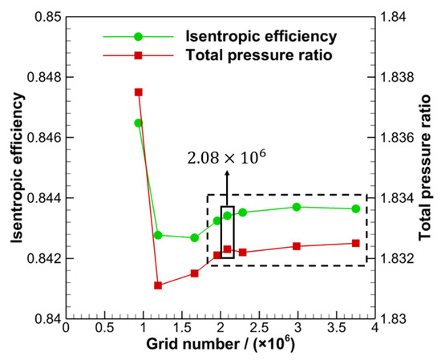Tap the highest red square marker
[x=139, y=92]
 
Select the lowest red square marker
[x=158, y=285]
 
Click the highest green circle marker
[x=139, y=123]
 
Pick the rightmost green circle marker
[x=356, y=208]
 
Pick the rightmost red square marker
[x=356, y=243]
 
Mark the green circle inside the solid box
[x=228, y=215]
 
